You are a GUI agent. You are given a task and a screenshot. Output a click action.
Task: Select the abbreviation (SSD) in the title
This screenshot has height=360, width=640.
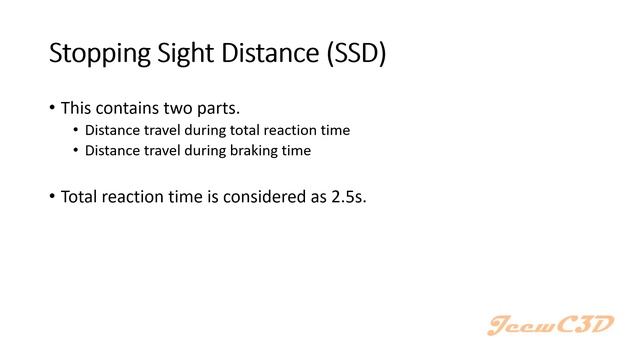point(353,55)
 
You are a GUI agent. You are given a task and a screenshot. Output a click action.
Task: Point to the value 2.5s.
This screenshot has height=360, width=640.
point(348,196)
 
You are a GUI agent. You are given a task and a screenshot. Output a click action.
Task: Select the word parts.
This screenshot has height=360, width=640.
point(220,108)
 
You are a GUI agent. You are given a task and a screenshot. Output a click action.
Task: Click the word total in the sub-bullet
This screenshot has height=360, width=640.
point(257,130)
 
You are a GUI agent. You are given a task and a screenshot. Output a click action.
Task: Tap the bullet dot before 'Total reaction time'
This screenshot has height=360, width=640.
point(52,196)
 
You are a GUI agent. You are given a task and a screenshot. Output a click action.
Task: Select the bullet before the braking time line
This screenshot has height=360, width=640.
point(76,151)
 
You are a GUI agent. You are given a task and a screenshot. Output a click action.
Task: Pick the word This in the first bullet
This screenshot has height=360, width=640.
point(77,108)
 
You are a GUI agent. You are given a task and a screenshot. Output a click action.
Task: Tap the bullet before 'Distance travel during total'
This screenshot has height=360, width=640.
point(76,130)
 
